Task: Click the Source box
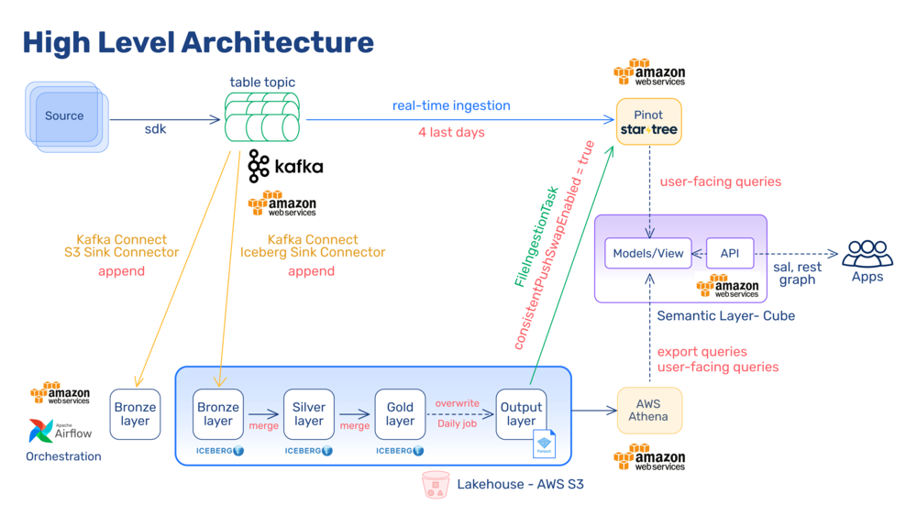tap(65, 116)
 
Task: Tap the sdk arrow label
tap(155, 129)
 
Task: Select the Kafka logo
tap(285, 167)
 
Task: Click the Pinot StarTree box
tap(648, 123)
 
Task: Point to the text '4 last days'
tap(451, 132)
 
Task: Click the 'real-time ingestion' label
tap(451, 105)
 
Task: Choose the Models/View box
tap(648, 253)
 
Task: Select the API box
tap(730, 253)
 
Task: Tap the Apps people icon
tap(867, 253)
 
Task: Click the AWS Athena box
tap(648, 410)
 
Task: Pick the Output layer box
tap(521, 414)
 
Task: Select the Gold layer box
tap(400, 414)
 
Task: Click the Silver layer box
tap(309, 414)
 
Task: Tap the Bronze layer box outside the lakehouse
tap(135, 414)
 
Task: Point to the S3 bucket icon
tap(436, 485)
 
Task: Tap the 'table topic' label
tap(262, 82)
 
